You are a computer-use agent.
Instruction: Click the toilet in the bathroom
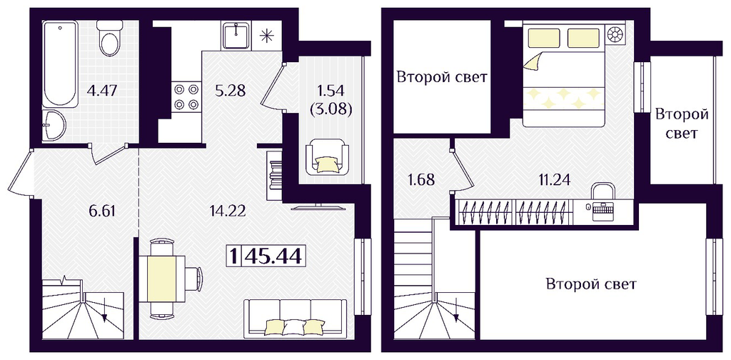111,39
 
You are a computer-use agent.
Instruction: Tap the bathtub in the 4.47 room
60,64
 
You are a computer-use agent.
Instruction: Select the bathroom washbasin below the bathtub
54,126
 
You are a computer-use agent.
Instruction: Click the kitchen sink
238,35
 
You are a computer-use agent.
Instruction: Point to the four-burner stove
186,98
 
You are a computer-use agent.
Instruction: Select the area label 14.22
228,211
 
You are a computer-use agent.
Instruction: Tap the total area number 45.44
273,256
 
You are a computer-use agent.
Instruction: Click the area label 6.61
102,211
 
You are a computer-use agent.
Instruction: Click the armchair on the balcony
327,159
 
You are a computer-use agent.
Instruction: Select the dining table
161,279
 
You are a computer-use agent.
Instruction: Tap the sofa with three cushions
296,317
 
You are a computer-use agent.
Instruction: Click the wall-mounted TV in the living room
318,207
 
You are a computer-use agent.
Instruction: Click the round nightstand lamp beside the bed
617,36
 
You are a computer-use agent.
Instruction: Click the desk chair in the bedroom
603,191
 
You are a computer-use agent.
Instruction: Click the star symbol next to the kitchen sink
266,36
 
